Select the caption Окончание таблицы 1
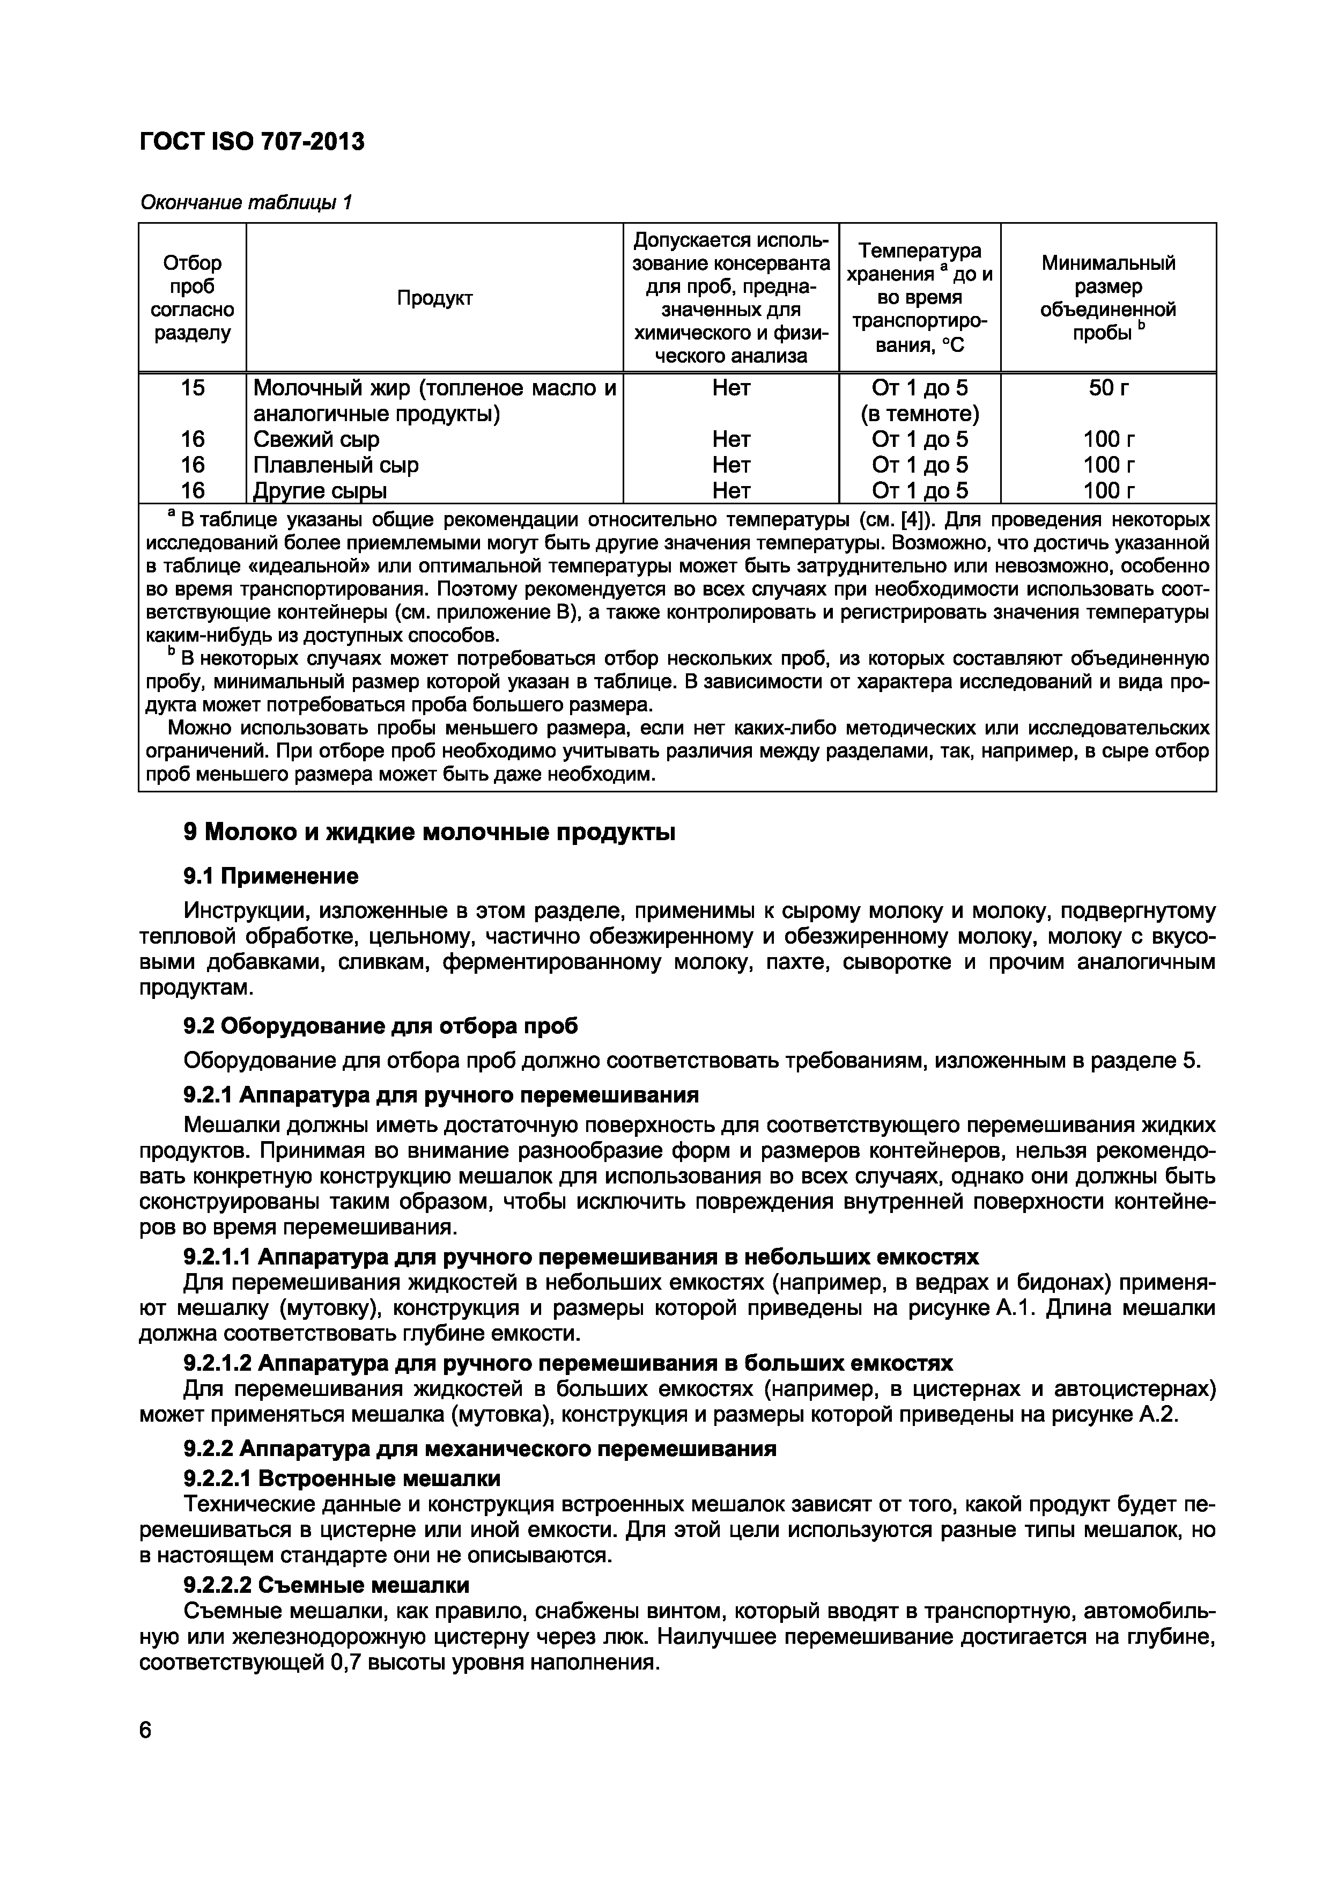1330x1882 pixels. tap(246, 202)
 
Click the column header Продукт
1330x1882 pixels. tap(434, 298)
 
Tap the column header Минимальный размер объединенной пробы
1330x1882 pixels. tap(1108, 298)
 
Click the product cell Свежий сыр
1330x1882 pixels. tap(316, 439)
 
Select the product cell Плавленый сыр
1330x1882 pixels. tap(335, 465)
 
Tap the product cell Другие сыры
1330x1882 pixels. tap(320, 491)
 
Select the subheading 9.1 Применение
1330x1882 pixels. tap(270, 876)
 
